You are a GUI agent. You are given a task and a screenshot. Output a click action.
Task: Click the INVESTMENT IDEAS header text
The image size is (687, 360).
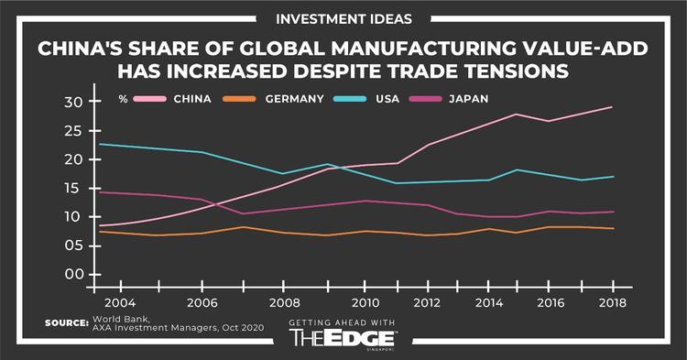pos(343,18)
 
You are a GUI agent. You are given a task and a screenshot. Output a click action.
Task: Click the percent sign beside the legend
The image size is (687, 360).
pos(122,98)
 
